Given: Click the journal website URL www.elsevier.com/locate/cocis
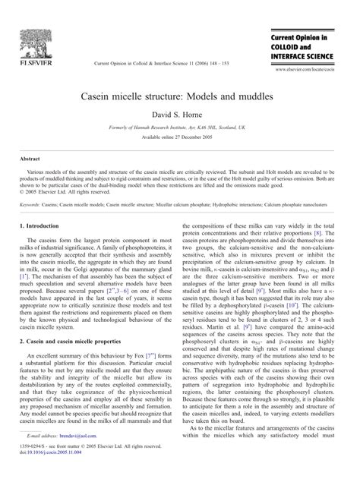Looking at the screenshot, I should [311, 68].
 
